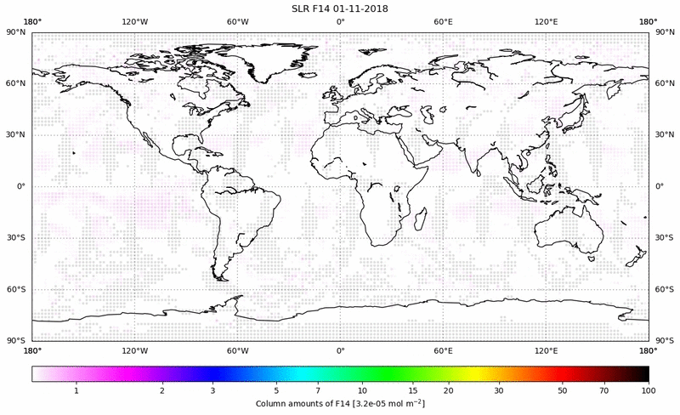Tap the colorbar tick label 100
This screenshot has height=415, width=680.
pyautogui.click(x=649, y=389)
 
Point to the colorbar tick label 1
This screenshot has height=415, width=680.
pyautogui.click(x=76, y=389)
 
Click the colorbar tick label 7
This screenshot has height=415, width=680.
pyautogui.click(x=316, y=389)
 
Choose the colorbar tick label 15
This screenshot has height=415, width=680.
pyautogui.click(x=411, y=389)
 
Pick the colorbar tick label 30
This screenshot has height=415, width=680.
pyautogui.click(x=500, y=389)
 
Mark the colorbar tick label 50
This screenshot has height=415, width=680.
pyautogui.click(x=563, y=389)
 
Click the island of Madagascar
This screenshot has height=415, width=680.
pyautogui.click(x=420, y=219)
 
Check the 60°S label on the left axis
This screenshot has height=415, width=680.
pyautogui.click(x=16, y=289)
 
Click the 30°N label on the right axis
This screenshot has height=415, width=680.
pyautogui.click(x=666, y=134)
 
